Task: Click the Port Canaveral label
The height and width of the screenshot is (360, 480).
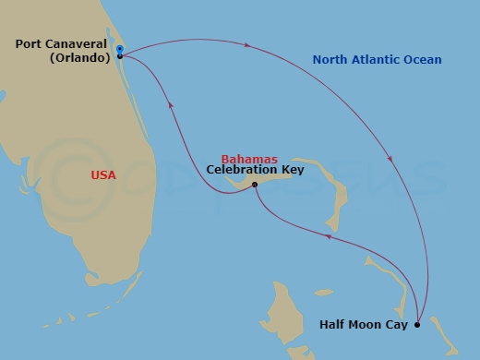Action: coord(65,43)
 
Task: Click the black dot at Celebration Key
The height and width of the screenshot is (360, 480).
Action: coord(255,185)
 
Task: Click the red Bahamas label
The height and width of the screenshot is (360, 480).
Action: coord(250,159)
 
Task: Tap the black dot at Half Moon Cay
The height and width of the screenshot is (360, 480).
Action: coord(417,324)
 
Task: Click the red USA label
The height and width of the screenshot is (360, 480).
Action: coord(103,174)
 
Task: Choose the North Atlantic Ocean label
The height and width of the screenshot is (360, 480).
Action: coord(377,60)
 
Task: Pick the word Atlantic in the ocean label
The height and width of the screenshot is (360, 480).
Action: coord(375,60)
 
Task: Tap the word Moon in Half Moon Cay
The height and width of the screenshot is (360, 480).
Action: coord(363,325)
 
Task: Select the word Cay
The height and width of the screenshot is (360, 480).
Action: coord(394,325)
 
